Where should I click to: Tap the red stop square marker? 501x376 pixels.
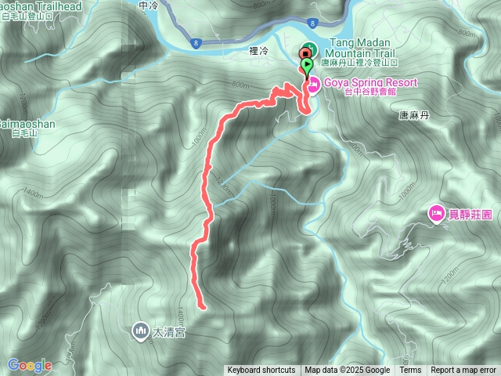(305, 53)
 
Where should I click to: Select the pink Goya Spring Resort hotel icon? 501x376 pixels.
(311, 83)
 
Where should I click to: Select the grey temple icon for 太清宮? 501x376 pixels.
(141, 331)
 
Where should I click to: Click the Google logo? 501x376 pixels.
(30, 365)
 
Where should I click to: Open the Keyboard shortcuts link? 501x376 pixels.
(261, 371)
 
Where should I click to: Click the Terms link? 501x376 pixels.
(410, 371)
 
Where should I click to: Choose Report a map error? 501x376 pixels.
(463, 371)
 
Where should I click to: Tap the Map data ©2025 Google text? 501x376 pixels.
(348, 371)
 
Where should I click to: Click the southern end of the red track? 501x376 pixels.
(203, 306)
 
